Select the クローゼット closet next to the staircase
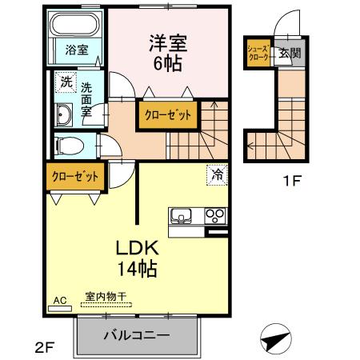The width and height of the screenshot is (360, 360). point(169,115)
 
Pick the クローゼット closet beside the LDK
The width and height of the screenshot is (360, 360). point(76,177)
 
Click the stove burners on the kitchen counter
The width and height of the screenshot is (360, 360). point(214,214)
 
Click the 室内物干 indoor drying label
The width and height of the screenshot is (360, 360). point(106,297)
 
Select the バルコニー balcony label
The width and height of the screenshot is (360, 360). point(135,335)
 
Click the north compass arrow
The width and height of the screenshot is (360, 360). point(276,339)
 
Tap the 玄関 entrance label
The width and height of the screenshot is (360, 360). point(290,54)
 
